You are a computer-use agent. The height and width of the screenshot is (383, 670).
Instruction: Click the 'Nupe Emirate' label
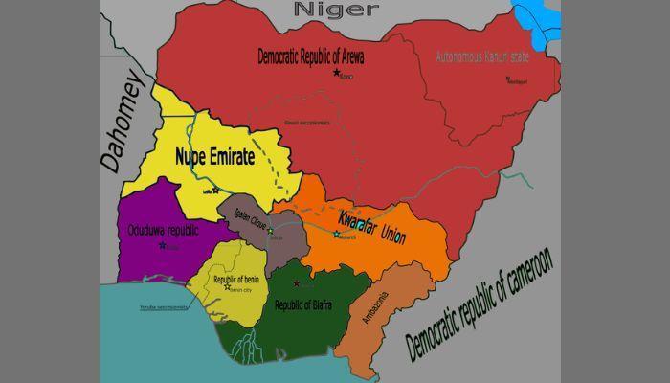tap(214, 157)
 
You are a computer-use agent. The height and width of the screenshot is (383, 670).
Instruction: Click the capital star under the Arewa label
tap(336, 73)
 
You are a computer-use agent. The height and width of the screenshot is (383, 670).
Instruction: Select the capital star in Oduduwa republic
tap(162, 245)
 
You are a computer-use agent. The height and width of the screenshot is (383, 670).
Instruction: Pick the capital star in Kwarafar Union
tap(336, 234)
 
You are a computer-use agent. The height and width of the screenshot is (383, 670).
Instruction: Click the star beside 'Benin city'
tap(227, 286)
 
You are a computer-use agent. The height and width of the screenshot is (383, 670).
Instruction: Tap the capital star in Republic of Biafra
tap(296, 283)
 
